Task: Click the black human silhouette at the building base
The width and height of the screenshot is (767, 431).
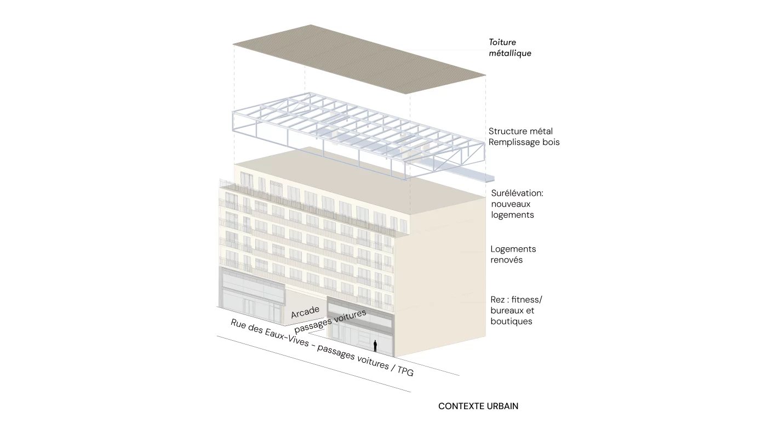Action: (375, 346)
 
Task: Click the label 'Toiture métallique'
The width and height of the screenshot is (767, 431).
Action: (510, 48)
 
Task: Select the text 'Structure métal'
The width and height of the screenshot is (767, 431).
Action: (520, 131)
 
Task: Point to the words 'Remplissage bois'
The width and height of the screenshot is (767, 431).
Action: (524, 142)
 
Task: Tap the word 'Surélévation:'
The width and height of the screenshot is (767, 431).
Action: (517, 193)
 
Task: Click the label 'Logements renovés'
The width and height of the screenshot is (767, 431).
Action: (513, 254)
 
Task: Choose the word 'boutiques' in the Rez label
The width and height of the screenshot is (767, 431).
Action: (511, 321)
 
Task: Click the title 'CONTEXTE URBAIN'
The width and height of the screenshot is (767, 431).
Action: (478, 406)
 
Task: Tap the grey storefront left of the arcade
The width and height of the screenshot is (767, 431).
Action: (252, 295)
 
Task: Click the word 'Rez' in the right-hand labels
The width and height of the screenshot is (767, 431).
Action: (498, 300)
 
